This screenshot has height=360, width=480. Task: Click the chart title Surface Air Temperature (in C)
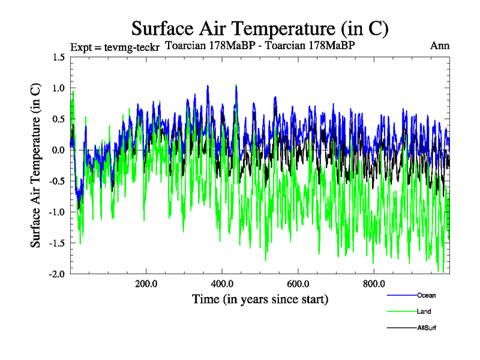pos(260,28)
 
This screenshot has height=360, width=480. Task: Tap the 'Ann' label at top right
pos(440,46)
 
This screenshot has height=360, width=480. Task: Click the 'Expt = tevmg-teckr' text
pos(115,47)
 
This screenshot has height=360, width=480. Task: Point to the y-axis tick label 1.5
pos(58,57)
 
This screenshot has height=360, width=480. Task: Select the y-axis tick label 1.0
pos(58,88)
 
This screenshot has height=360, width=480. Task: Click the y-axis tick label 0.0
pos(58,150)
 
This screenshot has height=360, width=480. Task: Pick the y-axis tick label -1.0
pos(57,212)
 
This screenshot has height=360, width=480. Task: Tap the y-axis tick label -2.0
pos(57,274)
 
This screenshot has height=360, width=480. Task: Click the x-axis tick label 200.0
pos(146,284)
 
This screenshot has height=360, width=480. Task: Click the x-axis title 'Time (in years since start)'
pos(260,299)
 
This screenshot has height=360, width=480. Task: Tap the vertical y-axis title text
pos(36,165)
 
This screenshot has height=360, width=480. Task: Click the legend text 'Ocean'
pos(426,295)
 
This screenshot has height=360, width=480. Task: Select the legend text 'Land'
pos(424,311)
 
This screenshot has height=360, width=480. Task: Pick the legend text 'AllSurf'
pos(427,328)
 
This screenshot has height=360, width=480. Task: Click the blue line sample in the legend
pos(401,296)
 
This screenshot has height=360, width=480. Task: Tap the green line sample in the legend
pos(401,312)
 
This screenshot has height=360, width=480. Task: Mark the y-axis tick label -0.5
pos(57,181)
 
